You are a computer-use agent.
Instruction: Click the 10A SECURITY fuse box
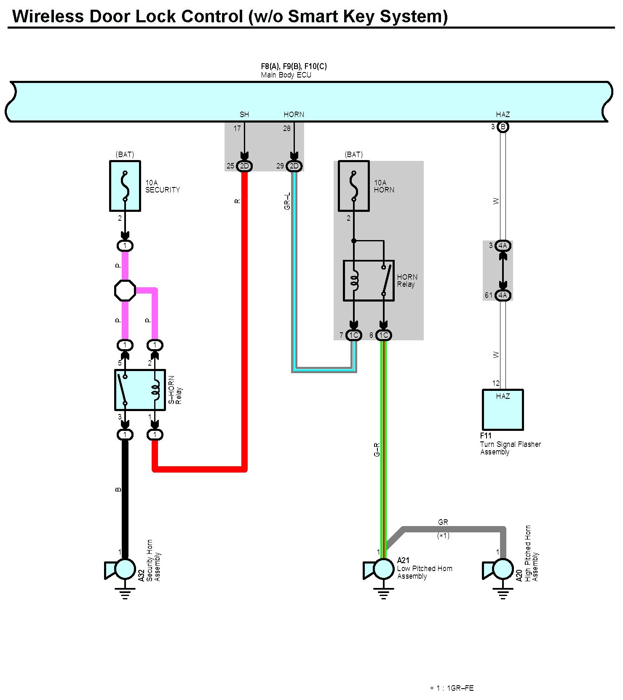pos(125,186)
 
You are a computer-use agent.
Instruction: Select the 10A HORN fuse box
pos(354,186)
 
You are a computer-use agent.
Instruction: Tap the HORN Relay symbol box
pos(369,281)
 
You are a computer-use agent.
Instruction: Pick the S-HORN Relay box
pos(140,390)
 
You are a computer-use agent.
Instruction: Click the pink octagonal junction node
pos(125,291)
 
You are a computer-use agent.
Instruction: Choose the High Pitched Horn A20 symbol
pos(498,569)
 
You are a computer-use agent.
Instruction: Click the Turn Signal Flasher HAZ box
pos(503,410)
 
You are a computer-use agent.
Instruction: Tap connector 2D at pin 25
pos(244,166)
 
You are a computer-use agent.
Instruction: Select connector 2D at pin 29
pos(294,166)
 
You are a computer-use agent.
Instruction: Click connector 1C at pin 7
pos(354,335)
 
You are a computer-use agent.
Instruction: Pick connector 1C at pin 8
pos(383,335)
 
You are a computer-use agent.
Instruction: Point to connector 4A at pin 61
pos(503,295)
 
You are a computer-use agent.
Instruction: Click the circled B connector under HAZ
pos(503,127)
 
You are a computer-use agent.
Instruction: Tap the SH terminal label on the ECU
pos(244,115)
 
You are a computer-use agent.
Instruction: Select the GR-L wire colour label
pos(288,201)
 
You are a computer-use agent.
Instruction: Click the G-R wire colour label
pos(377,449)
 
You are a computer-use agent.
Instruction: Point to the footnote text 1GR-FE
pos(460,688)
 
